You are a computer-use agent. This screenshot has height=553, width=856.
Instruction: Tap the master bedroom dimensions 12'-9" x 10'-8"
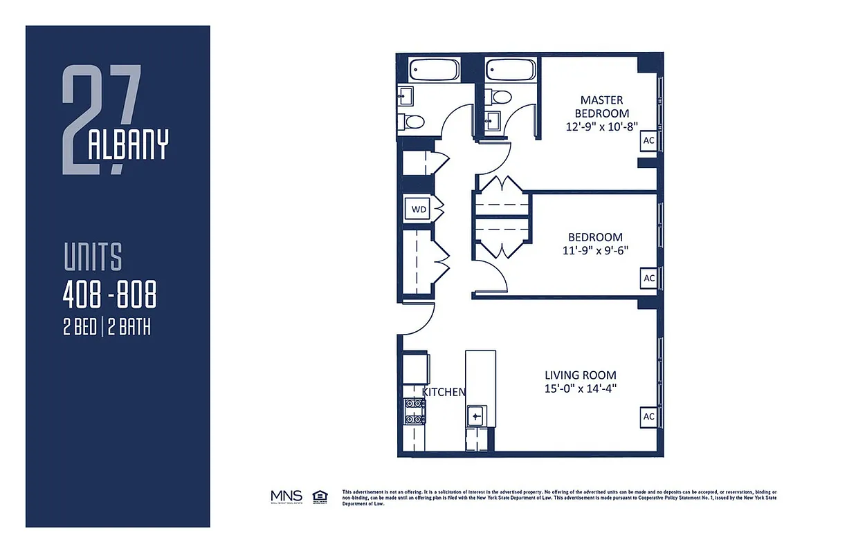coord(601,126)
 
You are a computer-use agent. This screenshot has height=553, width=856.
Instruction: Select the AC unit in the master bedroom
coord(649,140)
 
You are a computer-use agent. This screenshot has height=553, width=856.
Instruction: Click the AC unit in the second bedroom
coord(649,278)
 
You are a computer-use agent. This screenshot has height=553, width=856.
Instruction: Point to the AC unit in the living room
coord(649,416)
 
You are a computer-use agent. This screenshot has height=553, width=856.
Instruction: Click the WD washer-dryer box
coord(418,208)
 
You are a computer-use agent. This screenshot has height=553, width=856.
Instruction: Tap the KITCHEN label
coord(444,392)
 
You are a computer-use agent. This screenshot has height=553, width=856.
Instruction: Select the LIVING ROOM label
coord(580,375)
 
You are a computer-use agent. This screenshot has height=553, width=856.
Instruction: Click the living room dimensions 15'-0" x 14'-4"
coord(580,388)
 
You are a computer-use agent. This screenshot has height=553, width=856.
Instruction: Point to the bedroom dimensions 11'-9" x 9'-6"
coord(595,250)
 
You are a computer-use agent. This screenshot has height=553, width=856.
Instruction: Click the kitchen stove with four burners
coord(415,411)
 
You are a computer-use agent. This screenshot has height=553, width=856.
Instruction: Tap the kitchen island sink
coord(477,416)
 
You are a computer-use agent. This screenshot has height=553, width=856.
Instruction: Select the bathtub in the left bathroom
coord(434,70)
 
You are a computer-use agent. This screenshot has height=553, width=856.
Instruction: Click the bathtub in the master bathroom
coord(510,70)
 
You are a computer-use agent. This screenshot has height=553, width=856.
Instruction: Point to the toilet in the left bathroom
coord(413,122)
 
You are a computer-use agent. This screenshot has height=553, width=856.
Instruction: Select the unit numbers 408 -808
coord(109,296)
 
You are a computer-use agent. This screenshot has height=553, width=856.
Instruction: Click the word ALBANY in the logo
coord(129,144)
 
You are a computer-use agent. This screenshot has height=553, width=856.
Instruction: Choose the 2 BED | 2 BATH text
coord(107,326)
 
